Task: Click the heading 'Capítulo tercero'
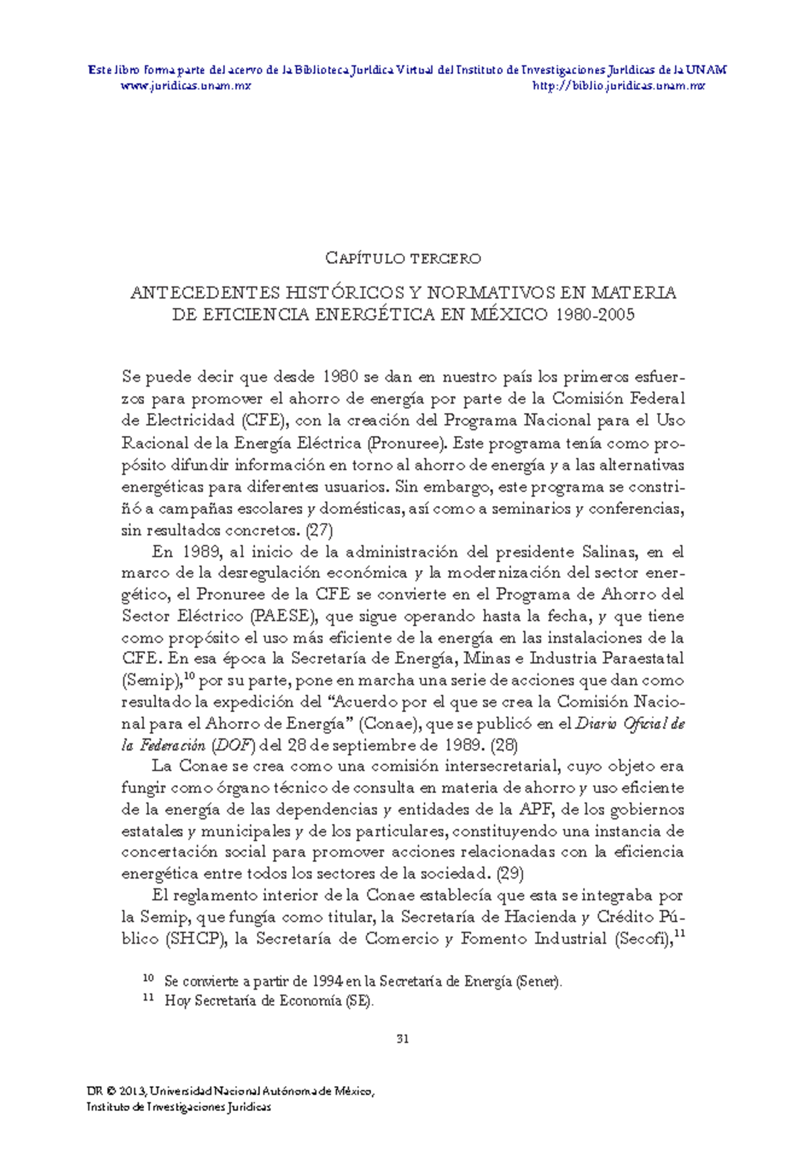click(403, 258)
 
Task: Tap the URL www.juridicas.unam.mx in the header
click(185, 86)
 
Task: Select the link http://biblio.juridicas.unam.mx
click(618, 86)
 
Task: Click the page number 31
click(403, 1038)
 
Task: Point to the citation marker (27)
click(319, 530)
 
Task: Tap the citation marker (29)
click(510, 874)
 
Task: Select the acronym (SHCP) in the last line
click(195, 939)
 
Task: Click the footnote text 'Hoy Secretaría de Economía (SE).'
click(269, 1001)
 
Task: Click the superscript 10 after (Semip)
click(189, 676)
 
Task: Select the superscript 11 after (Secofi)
click(679, 934)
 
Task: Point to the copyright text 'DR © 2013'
click(116, 1092)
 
